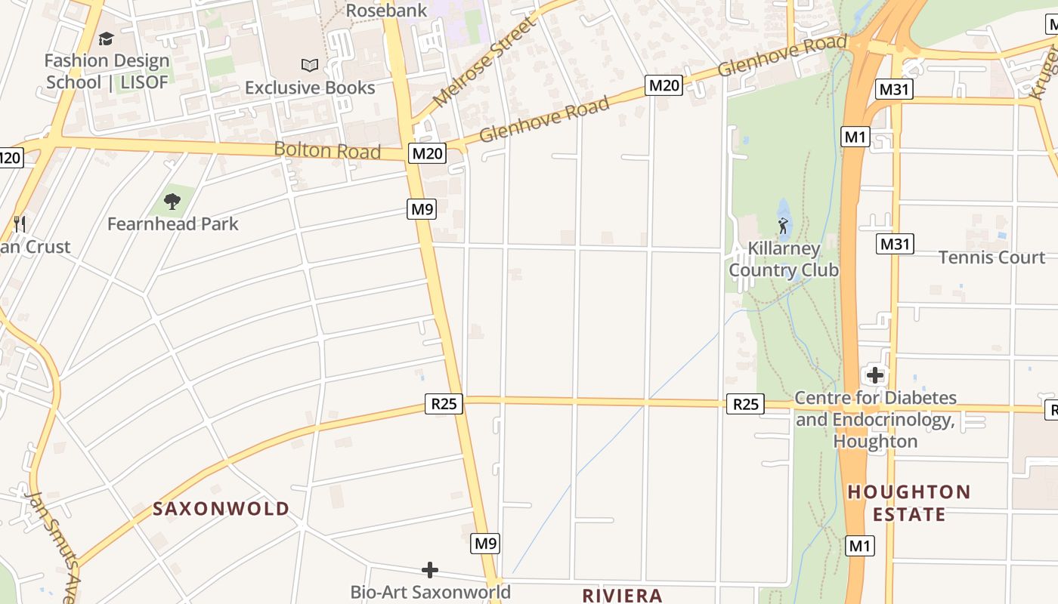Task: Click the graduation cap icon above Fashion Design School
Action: point(106,39)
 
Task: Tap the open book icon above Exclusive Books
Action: point(309,65)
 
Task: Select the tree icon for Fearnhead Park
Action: point(172,201)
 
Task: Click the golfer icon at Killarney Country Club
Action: point(783,225)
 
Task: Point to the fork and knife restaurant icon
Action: point(20,223)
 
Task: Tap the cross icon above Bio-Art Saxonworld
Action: point(430,569)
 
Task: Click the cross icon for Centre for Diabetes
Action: point(874,374)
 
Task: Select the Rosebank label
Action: point(386,10)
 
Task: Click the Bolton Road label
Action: point(327,149)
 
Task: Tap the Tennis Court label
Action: point(991,257)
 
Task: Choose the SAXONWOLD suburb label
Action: point(221,509)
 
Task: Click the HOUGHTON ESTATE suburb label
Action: point(908,503)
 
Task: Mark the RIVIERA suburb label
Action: point(622,595)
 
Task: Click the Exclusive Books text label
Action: point(310,88)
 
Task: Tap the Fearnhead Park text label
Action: point(172,223)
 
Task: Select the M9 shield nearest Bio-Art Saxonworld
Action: point(485,543)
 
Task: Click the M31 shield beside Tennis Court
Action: point(896,244)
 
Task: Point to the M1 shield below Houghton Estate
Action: point(859,545)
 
